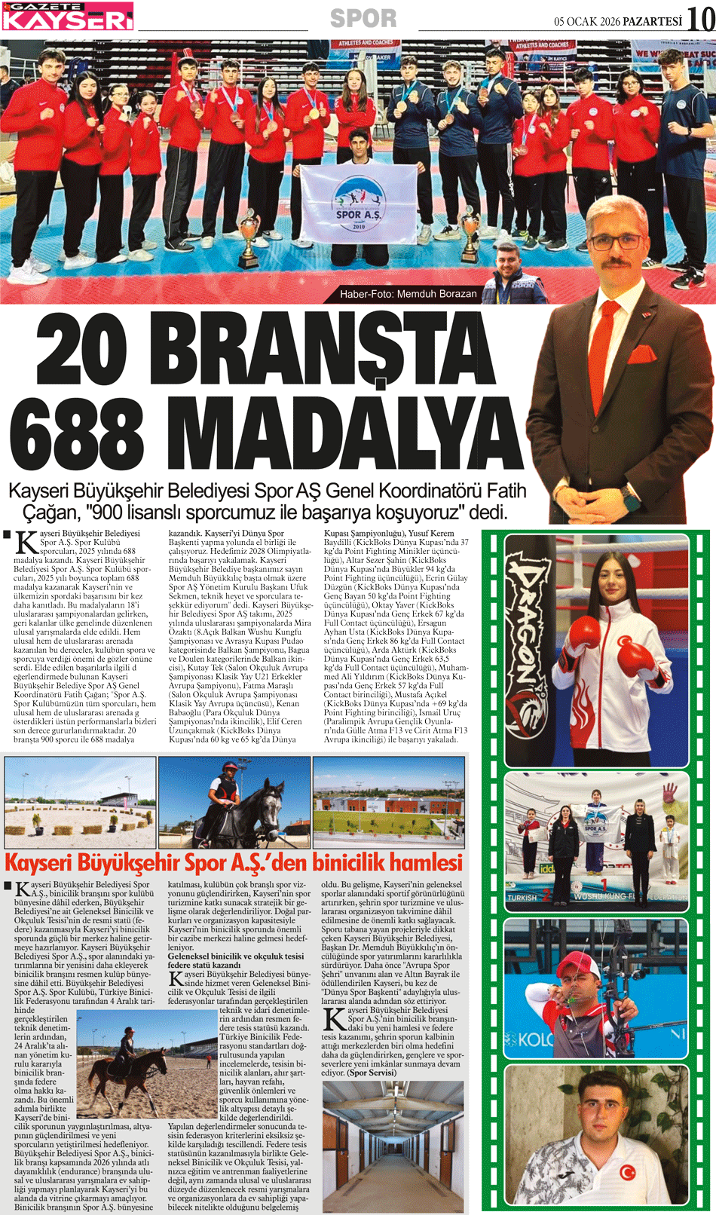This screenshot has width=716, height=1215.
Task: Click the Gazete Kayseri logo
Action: (68, 16)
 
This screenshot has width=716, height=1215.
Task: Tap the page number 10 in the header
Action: (700, 19)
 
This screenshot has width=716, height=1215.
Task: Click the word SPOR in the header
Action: (363, 18)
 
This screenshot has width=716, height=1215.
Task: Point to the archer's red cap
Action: (580, 964)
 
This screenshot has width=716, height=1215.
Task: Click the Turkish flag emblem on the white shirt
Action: (627, 1172)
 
